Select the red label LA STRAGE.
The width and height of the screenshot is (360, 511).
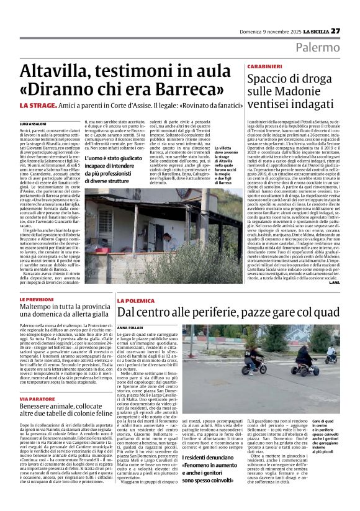(x=38, y=106)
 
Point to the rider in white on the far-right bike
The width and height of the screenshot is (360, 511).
(x=332, y=353)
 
